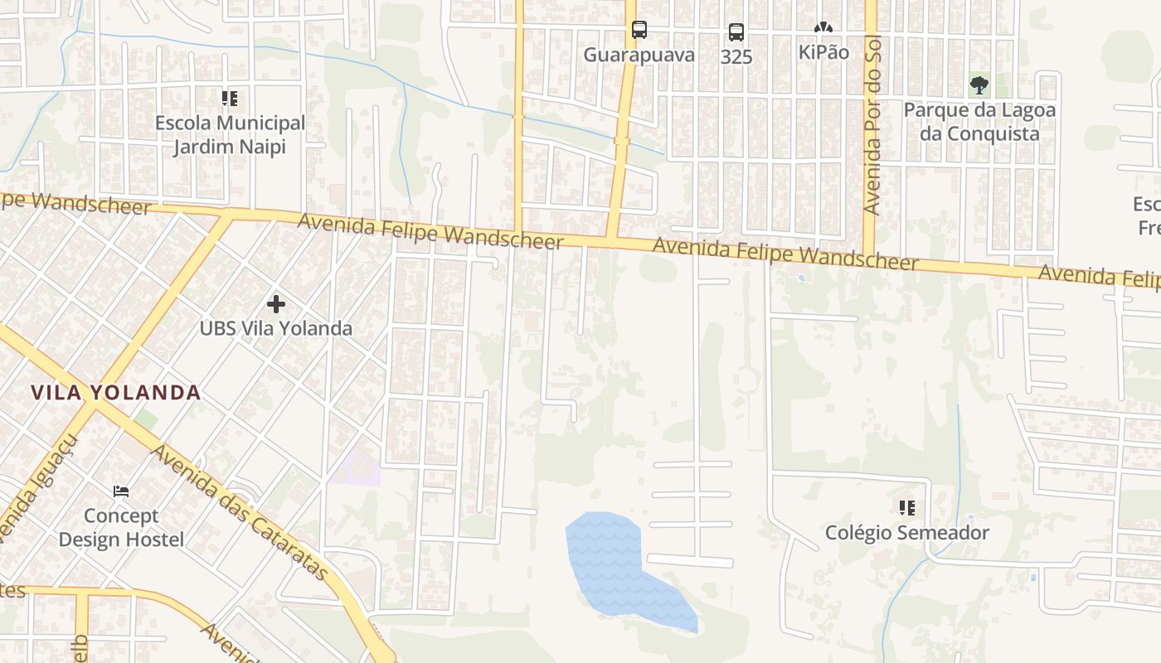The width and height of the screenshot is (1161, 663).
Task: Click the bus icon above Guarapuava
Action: point(639,31)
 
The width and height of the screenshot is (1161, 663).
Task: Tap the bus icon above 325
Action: point(736,33)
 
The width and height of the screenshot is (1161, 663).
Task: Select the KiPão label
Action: point(823,52)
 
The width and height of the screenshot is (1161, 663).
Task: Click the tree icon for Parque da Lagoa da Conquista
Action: point(979,85)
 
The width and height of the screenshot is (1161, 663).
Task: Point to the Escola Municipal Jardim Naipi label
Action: point(230,135)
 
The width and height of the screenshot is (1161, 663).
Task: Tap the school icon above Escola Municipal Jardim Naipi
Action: point(230,99)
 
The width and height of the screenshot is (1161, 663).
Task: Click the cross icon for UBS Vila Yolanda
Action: point(276,304)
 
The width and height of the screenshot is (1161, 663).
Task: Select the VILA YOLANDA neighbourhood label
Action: point(116,393)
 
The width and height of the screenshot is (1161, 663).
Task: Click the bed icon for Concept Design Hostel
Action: point(121,491)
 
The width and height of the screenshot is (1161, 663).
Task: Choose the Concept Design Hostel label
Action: point(121,528)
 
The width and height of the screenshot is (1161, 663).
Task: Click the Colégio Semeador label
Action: point(906,533)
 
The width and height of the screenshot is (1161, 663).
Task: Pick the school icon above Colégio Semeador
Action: point(906,507)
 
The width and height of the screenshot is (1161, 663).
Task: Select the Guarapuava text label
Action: point(639,56)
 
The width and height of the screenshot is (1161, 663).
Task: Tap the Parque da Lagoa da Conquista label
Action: point(979,122)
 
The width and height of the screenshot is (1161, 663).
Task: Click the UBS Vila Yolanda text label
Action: point(276,328)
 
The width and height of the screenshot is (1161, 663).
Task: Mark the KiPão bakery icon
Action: point(823,28)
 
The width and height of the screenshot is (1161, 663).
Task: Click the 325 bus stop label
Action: point(736,57)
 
